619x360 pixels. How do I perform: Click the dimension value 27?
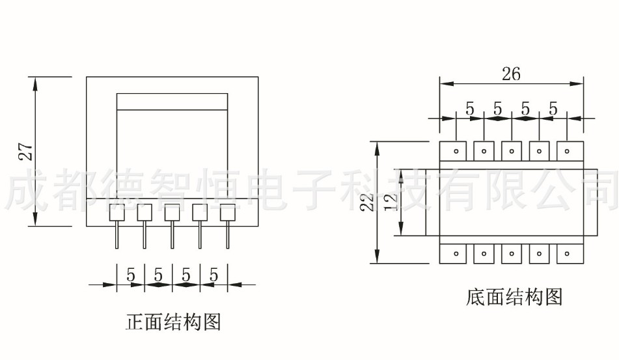coord(25,151)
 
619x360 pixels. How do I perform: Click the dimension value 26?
coord(511,74)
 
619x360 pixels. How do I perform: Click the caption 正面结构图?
coord(173,322)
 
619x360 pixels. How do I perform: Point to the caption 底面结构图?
coord(514,297)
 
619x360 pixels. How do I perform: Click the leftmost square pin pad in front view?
coord(117,212)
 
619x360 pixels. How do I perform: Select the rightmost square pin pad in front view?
coord(227,212)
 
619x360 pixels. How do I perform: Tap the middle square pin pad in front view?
coord(172,212)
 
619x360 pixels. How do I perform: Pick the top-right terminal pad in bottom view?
coord(568,151)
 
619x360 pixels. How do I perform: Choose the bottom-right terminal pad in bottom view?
coord(568,253)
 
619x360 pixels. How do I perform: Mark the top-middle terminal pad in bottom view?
coord(512,151)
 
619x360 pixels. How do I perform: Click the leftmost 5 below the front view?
coord(131,275)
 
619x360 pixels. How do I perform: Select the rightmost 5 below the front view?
coord(213,275)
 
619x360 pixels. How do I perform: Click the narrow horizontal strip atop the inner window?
coord(172,102)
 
